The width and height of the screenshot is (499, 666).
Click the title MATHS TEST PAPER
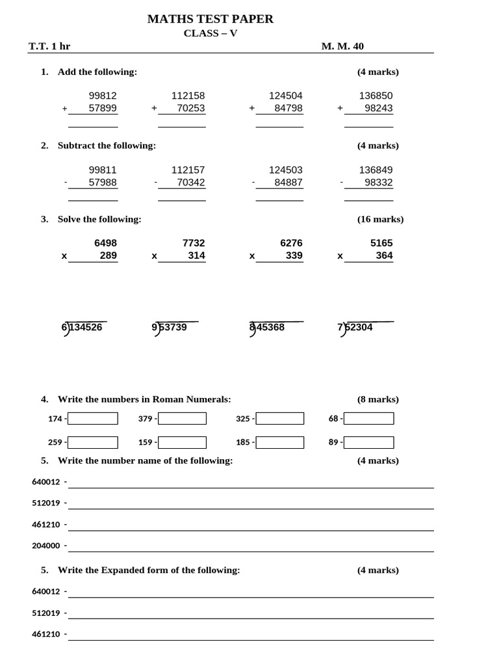pyautogui.click(x=210, y=19)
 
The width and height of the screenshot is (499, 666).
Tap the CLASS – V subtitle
pyautogui.click(x=211, y=33)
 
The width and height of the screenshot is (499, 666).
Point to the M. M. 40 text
pyautogui.click(x=342, y=46)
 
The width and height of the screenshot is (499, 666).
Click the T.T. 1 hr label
pyautogui.click(x=49, y=46)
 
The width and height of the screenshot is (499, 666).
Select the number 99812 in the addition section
pyautogui.click(x=103, y=96)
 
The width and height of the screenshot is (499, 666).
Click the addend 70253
pyautogui.click(x=190, y=109)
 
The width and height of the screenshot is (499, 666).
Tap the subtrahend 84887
pyautogui.click(x=288, y=183)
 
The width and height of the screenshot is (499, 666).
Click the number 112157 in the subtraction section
pyautogui.click(x=188, y=170)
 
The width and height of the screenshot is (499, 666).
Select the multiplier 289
pyautogui.click(x=108, y=256)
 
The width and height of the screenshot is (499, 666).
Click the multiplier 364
pyautogui.click(x=384, y=256)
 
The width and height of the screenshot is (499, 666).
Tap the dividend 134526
pyautogui.click(x=86, y=327)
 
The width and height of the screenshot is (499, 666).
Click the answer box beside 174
pyautogui.click(x=93, y=418)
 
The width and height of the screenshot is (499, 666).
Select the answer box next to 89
pyautogui.click(x=368, y=442)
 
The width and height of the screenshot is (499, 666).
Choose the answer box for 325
pyautogui.click(x=279, y=418)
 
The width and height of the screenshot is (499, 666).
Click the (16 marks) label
pyautogui.click(x=380, y=219)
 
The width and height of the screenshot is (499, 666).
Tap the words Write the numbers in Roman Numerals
pyautogui.click(x=144, y=399)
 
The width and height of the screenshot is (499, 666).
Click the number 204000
pyautogui.click(x=45, y=546)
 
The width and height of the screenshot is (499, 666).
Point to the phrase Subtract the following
pyautogui.click(x=107, y=146)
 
